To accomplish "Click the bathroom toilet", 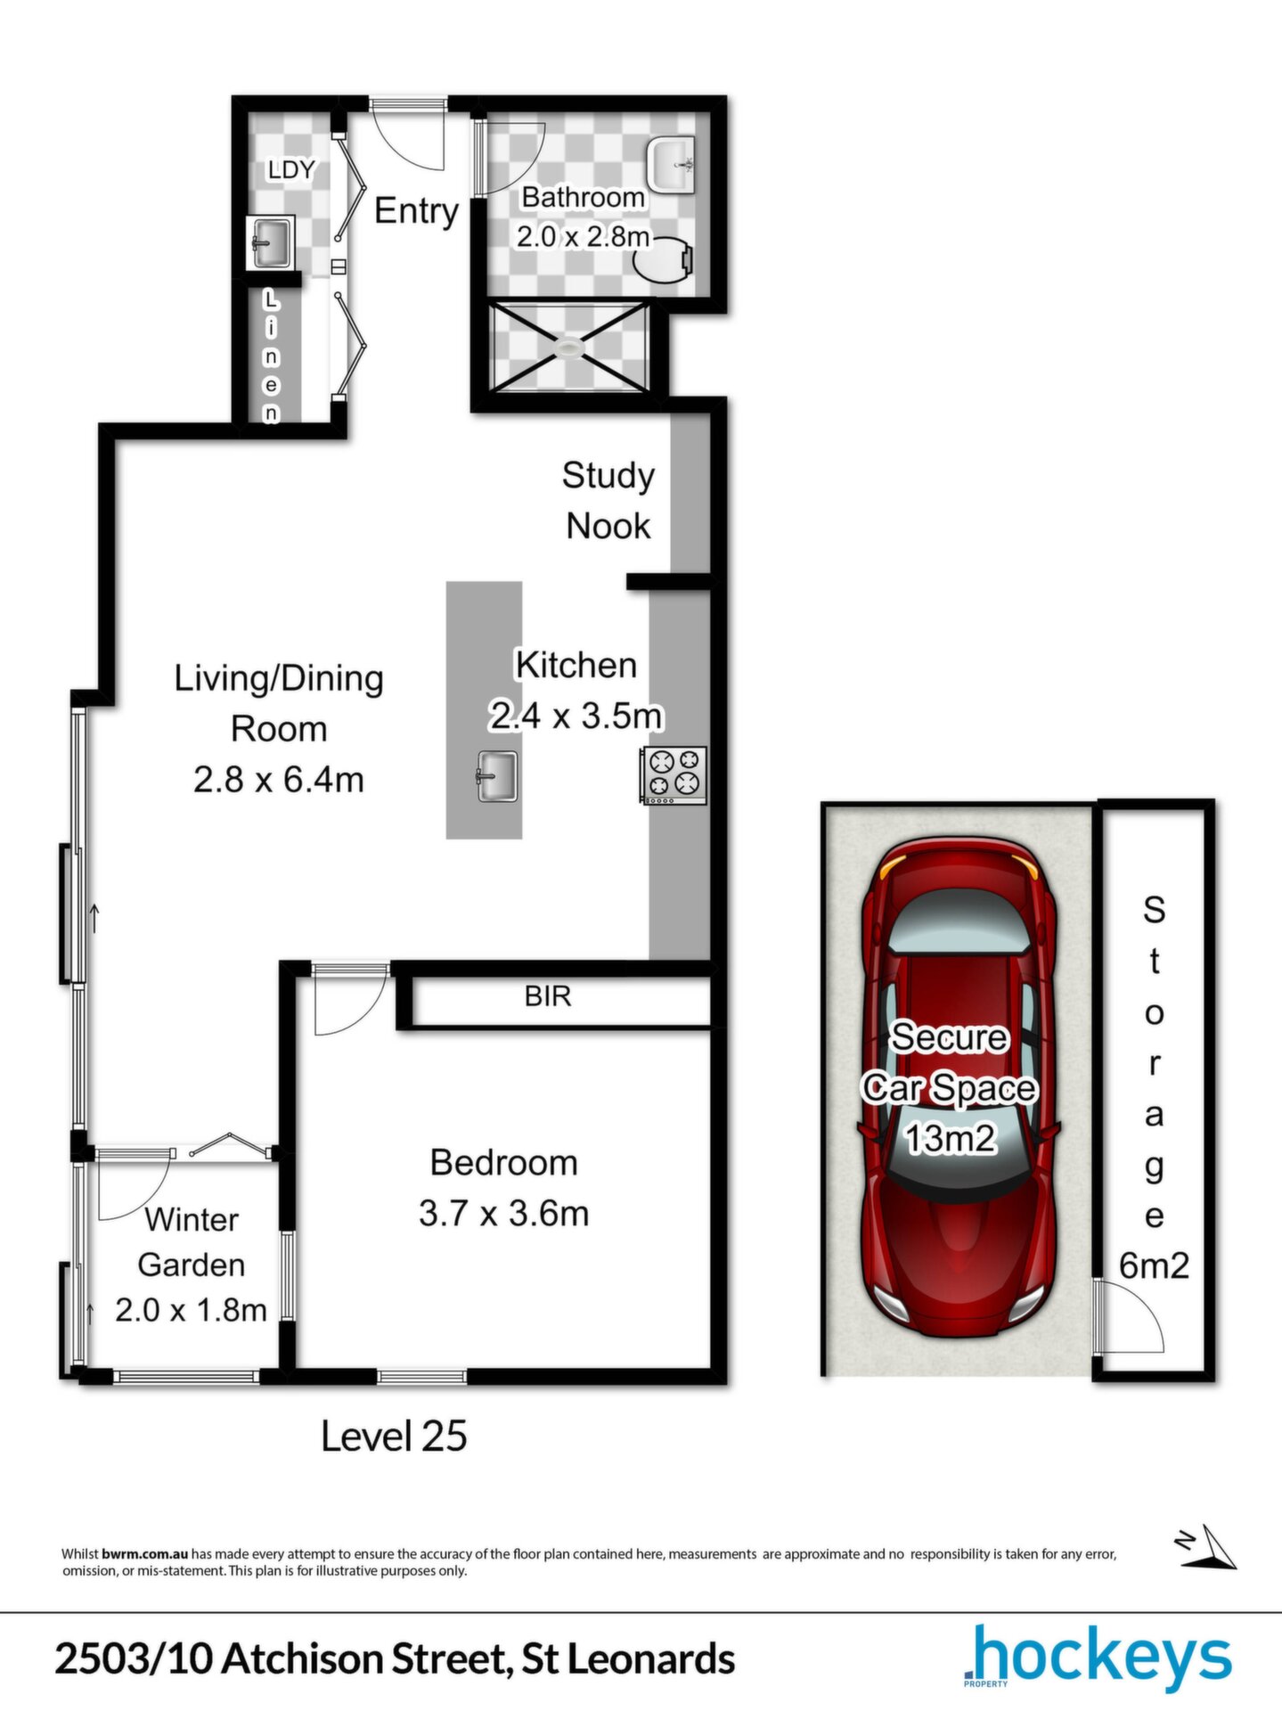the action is click(x=665, y=258).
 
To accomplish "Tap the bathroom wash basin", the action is click(x=672, y=164).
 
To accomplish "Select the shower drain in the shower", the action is click(x=568, y=347).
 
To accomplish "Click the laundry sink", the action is click(x=270, y=242).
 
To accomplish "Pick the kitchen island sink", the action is click(x=496, y=776).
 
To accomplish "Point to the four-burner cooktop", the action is click(x=674, y=775).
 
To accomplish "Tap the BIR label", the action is click(x=547, y=996).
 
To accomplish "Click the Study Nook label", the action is click(x=608, y=501).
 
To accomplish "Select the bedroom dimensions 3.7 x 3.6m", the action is click(x=504, y=1214).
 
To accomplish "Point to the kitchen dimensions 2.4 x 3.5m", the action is click(x=576, y=716).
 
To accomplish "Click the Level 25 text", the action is click(x=394, y=1437).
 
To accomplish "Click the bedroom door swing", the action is click(x=350, y=1000).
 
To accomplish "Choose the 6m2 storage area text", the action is click(x=1154, y=1266).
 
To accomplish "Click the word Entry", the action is click(x=416, y=211).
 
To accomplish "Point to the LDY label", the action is click(x=291, y=169).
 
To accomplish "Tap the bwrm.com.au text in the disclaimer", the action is click(x=145, y=1554).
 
